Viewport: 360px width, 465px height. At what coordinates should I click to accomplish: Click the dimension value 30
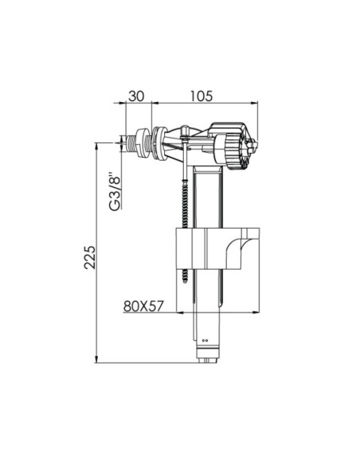click(136, 96)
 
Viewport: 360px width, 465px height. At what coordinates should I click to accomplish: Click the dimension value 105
click(202, 96)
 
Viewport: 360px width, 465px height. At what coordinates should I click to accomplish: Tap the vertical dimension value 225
click(90, 257)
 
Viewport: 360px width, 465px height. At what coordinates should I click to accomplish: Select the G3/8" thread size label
click(115, 191)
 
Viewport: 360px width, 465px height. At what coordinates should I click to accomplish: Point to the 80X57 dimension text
click(143, 307)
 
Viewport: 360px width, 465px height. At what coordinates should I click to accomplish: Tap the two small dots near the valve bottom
click(205, 340)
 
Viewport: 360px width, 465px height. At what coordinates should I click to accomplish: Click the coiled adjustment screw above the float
click(186, 205)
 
